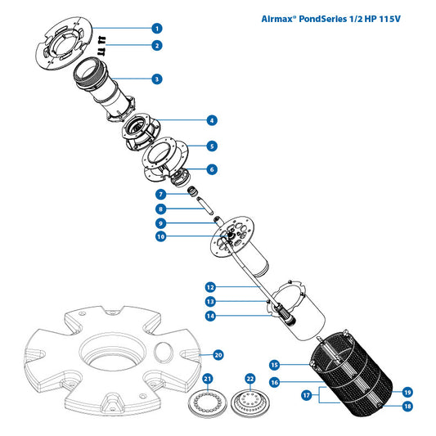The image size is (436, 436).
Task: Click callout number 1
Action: (157, 28)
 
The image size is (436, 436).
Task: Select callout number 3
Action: (157, 79)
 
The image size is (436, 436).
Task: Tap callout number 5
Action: (211, 146)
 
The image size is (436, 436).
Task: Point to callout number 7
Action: (161, 194)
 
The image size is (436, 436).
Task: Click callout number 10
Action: (161, 237)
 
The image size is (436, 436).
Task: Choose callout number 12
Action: (210, 287)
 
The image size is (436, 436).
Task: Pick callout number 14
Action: (210, 316)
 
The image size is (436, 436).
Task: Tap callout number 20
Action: (218, 355)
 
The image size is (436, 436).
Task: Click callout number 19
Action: (407, 392)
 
